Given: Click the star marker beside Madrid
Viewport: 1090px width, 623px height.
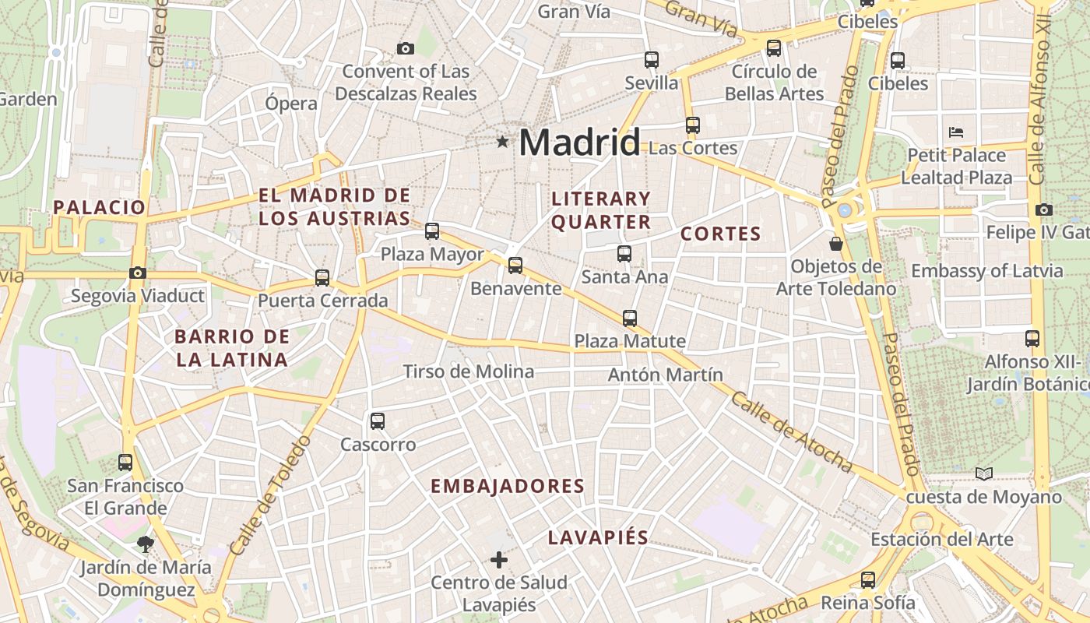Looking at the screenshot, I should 503,142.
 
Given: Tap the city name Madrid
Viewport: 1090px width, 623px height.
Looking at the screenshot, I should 579,143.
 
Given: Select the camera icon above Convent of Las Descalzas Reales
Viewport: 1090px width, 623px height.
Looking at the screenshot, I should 405,49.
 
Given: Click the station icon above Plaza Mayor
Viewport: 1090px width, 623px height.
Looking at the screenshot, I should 432,231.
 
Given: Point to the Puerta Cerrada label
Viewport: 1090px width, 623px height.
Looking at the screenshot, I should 322,301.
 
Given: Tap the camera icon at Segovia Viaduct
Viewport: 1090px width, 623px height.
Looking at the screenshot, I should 138,273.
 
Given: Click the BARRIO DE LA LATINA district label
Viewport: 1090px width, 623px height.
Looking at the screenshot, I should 232,348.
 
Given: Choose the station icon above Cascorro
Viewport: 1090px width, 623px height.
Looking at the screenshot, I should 378,421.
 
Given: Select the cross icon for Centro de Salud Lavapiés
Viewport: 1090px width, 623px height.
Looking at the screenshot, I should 499,559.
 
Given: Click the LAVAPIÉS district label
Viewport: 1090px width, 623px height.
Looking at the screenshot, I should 598,537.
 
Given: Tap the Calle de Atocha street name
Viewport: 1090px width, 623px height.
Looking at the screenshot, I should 791,431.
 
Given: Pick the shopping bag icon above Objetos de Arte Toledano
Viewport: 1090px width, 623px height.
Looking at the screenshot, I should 836,244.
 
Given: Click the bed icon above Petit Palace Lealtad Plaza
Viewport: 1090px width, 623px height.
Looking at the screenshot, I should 956,132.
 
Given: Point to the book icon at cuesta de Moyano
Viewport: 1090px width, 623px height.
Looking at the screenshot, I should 984,473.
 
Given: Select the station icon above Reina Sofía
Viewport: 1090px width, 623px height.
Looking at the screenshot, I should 868,579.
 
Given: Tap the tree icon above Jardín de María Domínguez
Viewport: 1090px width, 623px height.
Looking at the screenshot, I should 145,544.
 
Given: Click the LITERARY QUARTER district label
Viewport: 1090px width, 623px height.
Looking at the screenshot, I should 600,210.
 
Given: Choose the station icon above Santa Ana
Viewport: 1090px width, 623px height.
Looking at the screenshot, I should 624,253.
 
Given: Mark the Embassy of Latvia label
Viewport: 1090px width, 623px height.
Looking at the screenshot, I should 986,271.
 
